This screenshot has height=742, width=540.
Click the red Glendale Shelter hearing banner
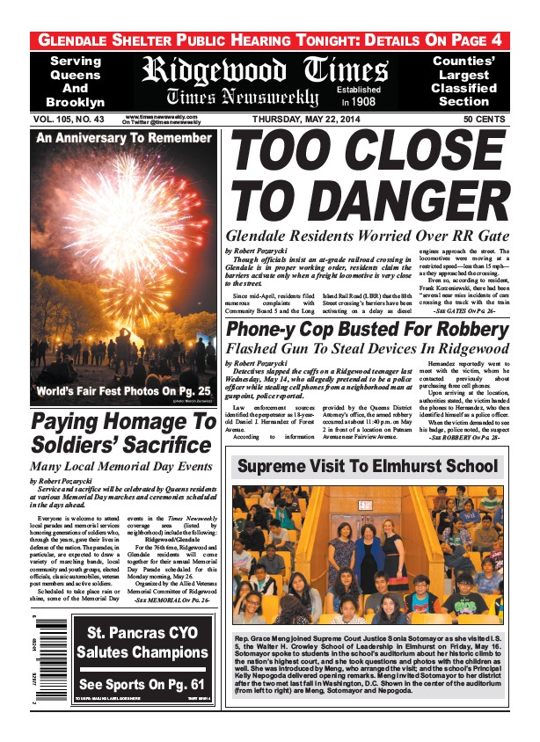point(269,40)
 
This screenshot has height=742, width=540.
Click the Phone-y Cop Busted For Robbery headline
point(368,329)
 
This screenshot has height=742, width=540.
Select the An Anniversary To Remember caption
point(123,138)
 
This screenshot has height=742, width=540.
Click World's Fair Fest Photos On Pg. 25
point(124,390)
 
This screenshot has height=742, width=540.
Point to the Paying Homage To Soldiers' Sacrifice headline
point(123,433)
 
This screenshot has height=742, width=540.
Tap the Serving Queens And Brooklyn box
point(76,82)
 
